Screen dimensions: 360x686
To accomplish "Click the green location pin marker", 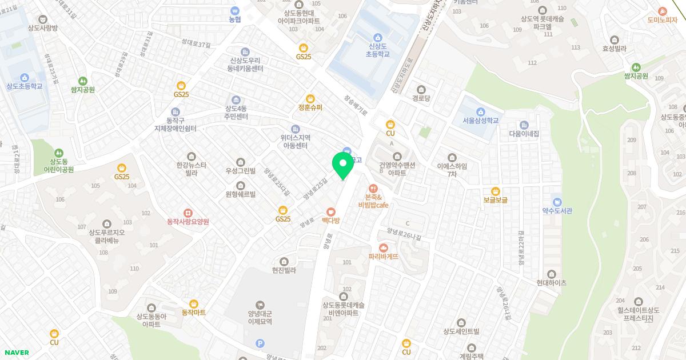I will (x=343, y=165).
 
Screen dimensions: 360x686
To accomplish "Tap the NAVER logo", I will (x=16, y=353).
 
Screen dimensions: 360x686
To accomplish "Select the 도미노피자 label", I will (x=662, y=19).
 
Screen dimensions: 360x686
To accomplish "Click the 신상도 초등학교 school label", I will (x=377, y=50).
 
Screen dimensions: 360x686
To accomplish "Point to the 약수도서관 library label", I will (x=557, y=210).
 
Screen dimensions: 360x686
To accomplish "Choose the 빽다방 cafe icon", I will (x=330, y=211).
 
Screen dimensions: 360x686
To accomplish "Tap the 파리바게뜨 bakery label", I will (x=384, y=257).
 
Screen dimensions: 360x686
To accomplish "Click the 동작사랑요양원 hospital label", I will (x=188, y=221).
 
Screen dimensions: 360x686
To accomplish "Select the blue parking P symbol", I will (x=261, y=343).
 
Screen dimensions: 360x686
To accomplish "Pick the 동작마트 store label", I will (x=193, y=313).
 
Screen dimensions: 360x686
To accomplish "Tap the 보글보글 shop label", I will (x=495, y=200).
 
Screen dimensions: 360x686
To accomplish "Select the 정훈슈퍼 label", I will (x=310, y=107).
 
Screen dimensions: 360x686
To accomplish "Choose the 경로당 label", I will (x=421, y=98).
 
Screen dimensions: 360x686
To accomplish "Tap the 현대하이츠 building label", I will (x=551, y=282).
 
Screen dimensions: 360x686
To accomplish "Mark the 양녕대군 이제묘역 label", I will (x=260, y=317).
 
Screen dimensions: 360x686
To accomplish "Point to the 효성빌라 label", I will (x=615, y=49).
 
